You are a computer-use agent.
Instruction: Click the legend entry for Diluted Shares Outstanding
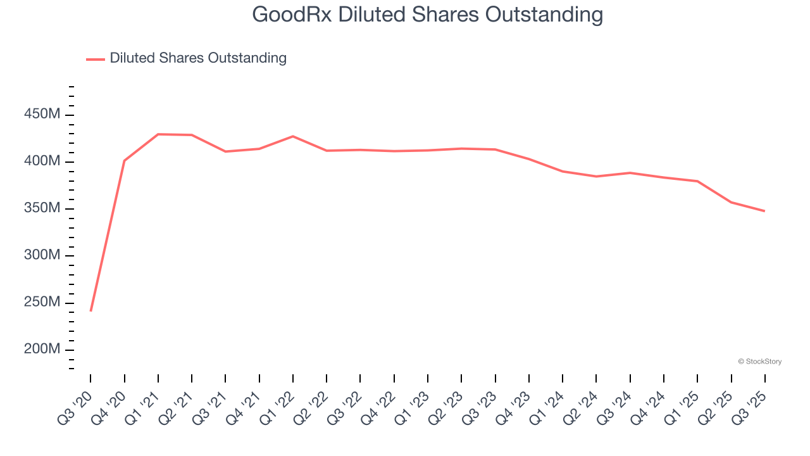[x=197, y=58]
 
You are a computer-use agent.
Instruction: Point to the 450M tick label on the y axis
[x=42, y=115]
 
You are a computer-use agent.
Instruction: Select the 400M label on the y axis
[x=42, y=161]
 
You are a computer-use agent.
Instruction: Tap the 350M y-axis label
[x=42, y=208]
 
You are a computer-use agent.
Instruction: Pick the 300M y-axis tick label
[x=42, y=255]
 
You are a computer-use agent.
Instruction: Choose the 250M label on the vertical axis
[x=42, y=302]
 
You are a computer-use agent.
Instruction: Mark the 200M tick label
[x=42, y=350]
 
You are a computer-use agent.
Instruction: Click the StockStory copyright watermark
[x=759, y=362]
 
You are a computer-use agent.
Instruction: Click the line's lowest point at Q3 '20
[x=90, y=311]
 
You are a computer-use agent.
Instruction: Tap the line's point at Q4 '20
[x=125, y=161]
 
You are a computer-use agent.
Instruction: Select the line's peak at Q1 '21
[x=158, y=134]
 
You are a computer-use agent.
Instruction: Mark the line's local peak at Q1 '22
[x=293, y=136]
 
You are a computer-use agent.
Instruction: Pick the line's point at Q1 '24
[x=563, y=171]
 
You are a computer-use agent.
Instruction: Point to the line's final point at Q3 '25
[x=764, y=211]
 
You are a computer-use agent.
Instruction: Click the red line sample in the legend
[x=96, y=59]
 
